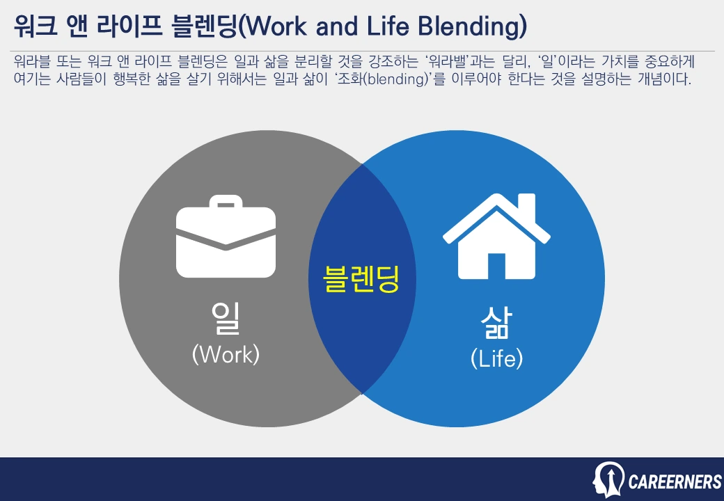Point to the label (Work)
tap(226, 354)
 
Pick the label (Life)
tap(496, 359)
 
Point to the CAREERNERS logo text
tap(675, 482)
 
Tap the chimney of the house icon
tap(528, 206)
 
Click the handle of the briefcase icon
tap(226, 204)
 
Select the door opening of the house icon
tap(496, 265)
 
